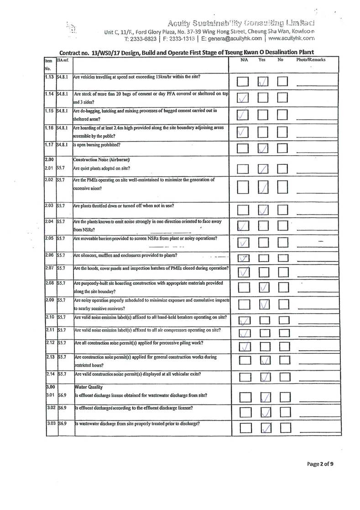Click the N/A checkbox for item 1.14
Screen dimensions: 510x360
pos(243,97)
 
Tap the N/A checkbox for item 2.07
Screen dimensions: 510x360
pos(243,272)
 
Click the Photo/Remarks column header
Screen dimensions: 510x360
pos(311,60)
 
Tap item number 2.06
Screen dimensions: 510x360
pos(50,255)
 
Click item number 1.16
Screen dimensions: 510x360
pos(50,127)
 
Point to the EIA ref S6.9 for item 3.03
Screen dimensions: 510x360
pos(62,424)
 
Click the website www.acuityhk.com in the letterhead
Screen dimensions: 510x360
pos(294,39)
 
